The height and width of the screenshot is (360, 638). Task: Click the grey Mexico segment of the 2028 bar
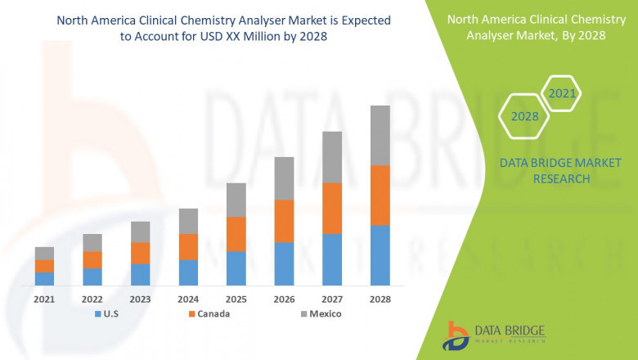(380, 135)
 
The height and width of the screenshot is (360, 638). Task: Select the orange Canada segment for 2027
(332, 208)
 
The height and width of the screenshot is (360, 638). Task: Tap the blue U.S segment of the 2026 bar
(284, 263)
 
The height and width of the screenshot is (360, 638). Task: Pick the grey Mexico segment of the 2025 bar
(236, 200)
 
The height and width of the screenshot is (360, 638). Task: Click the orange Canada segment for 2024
(188, 246)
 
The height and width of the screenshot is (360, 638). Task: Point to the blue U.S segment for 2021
(44, 278)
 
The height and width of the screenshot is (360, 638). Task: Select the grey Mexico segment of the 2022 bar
(92, 242)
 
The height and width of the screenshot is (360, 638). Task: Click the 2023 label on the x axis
(140, 299)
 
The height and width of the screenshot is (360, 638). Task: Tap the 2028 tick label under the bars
(380, 299)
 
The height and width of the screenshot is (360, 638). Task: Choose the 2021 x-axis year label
(44, 299)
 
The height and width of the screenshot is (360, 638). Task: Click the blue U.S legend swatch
(98, 314)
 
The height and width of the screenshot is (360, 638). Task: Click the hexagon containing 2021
(562, 93)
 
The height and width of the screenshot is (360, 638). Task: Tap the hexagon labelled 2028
(524, 116)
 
